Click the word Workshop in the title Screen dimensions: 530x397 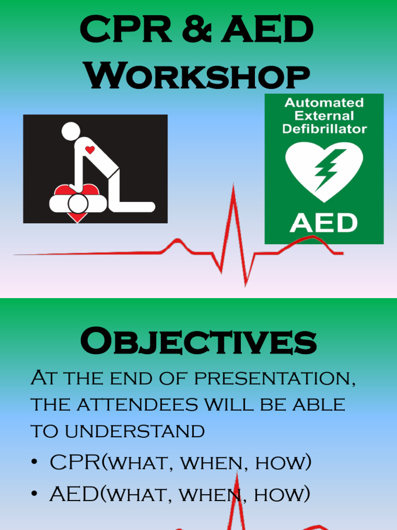click(198, 76)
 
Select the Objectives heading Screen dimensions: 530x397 click(198, 342)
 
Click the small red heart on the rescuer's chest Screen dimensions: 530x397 click(90, 150)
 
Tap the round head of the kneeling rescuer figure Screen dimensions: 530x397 click(71, 131)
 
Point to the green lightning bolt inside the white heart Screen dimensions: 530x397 click(325, 168)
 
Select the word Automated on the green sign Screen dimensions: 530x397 click(324, 102)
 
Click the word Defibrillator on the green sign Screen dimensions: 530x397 click(324, 128)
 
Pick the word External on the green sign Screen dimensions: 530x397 click(324, 115)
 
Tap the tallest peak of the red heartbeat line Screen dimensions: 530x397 click(234, 187)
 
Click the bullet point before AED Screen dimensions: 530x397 click(34, 495)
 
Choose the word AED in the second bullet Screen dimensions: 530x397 click(73, 494)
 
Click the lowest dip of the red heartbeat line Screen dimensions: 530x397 click(246, 284)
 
